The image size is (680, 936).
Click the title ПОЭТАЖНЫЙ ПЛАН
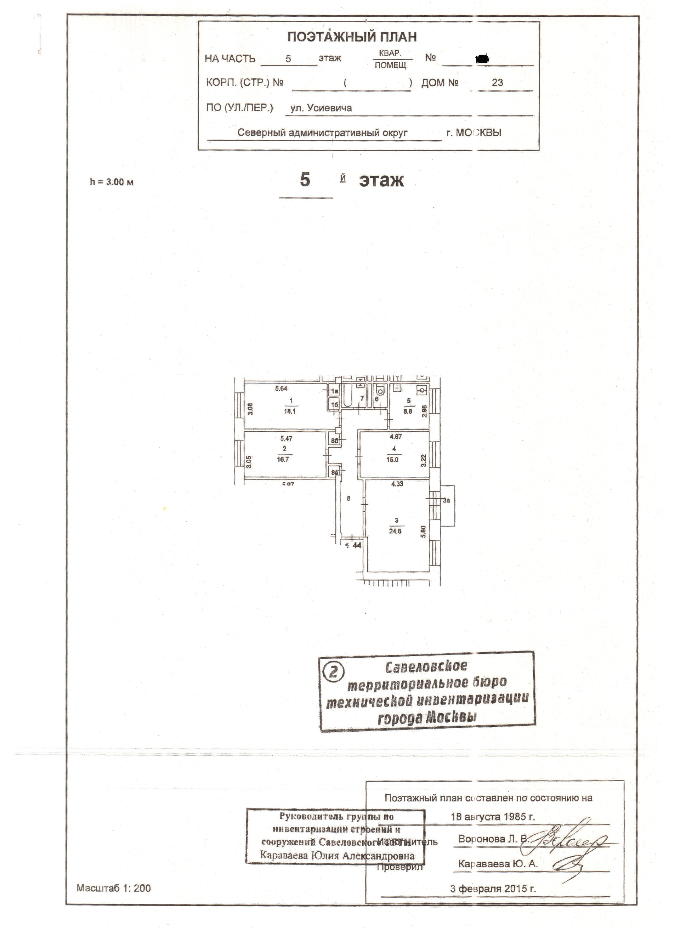pyautogui.click(x=352, y=37)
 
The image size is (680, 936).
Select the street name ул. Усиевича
pyautogui.click(x=321, y=108)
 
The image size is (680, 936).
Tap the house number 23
pyautogui.click(x=497, y=83)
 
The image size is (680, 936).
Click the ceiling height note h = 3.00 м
pyautogui.click(x=112, y=182)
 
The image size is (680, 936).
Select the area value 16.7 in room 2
pyautogui.click(x=283, y=459)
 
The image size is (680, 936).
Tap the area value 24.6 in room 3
pyautogui.click(x=395, y=531)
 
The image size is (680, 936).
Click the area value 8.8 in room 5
pyautogui.click(x=408, y=411)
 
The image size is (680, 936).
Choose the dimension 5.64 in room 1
pyautogui.click(x=281, y=388)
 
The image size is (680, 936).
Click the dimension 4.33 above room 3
pyautogui.click(x=397, y=484)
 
